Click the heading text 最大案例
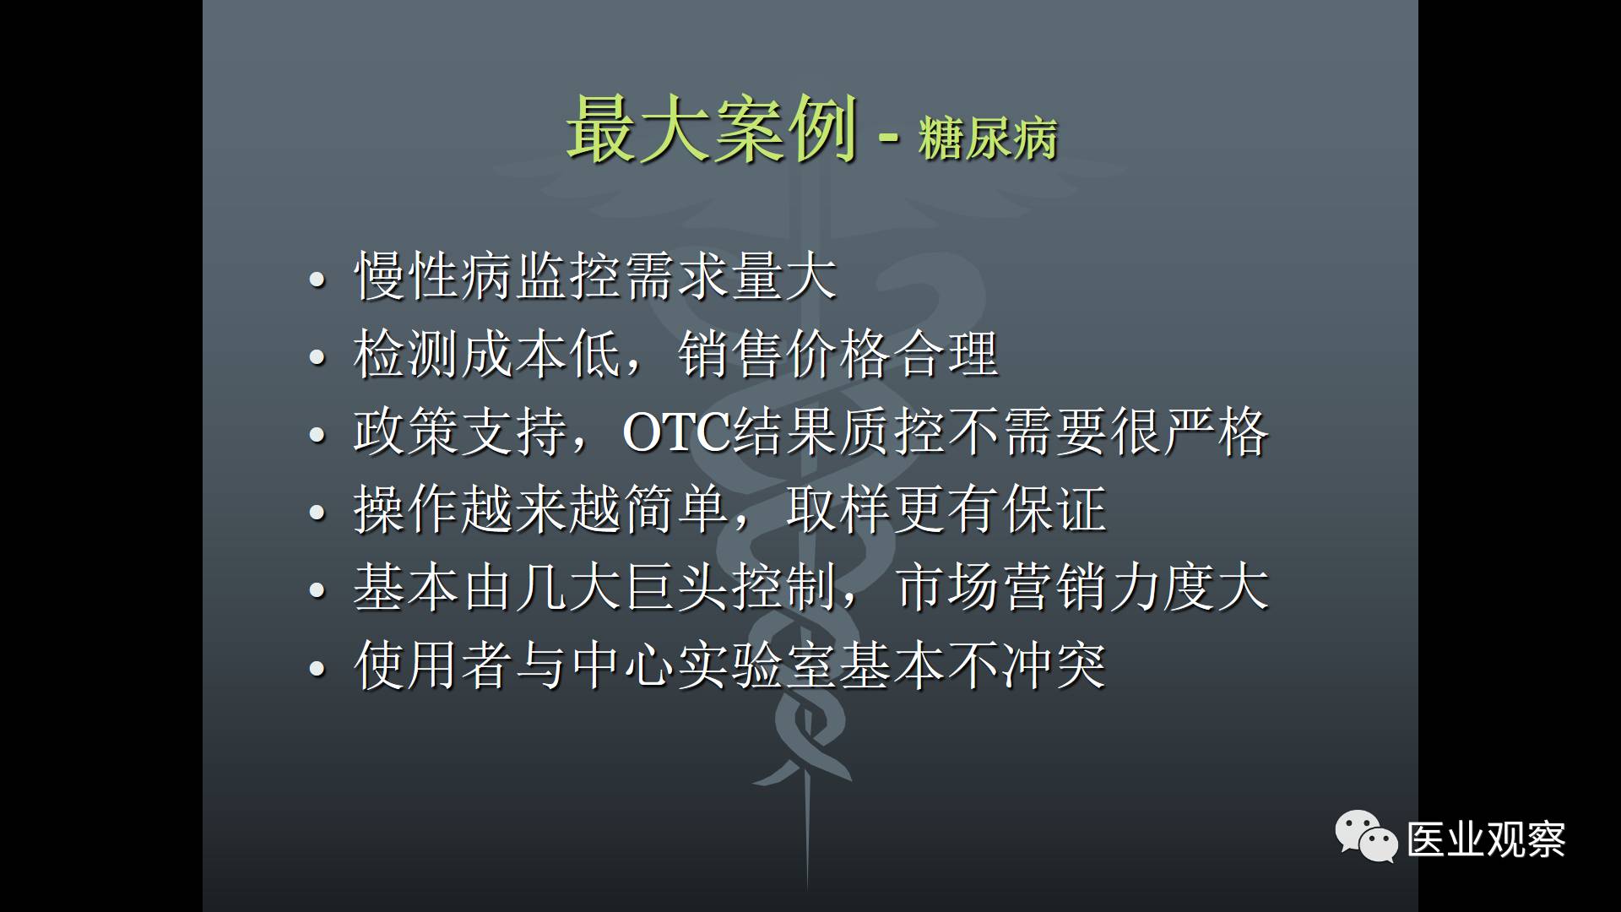[712, 129]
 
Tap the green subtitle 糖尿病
[988, 138]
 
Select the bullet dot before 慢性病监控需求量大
[317, 280]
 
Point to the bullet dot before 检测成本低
[317, 357]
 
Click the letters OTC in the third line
[676, 432]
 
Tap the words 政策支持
[460, 432]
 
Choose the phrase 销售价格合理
[838, 355]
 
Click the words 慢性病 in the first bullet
[434, 277]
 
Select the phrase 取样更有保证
[946, 510]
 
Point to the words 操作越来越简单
[541, 510]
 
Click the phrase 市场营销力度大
[1082, 588]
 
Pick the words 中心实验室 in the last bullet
[704, 665]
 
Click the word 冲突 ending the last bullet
[1053, 665]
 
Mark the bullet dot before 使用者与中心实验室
[317, 669]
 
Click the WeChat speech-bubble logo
[1366, 836]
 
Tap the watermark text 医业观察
[1487, 839]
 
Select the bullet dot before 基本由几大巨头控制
[317, 591]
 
